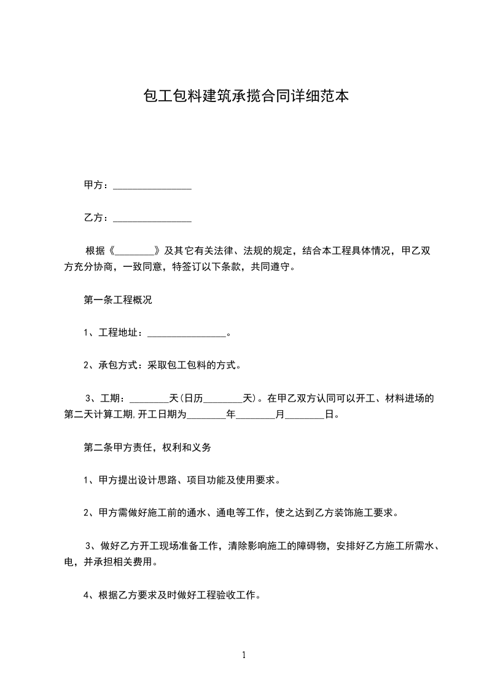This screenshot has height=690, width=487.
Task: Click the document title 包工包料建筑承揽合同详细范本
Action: click(246, 97)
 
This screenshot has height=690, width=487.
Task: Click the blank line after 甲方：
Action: click(152, 185)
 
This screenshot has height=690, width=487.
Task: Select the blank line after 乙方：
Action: click(152, 218)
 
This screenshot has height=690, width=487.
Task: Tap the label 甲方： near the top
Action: click(96, 185)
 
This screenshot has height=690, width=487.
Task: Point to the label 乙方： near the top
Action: click(96, 218)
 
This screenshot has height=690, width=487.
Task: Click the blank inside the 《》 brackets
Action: click(134, 251)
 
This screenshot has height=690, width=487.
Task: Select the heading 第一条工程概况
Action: click(117, 300)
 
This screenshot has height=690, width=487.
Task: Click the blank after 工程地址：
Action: click(187, 333)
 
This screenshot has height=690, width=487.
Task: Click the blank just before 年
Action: click(206, 415)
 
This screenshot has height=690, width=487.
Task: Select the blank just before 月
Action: click(255, 415)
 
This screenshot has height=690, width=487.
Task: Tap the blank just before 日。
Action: click(305, 415)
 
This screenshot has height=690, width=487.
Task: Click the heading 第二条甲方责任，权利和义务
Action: click(147, 448)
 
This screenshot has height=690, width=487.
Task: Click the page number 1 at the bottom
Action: click(244, 655)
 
